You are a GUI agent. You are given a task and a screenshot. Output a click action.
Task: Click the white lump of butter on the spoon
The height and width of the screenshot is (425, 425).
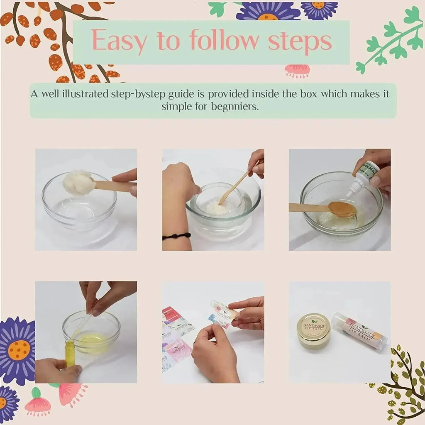tap(78, 183)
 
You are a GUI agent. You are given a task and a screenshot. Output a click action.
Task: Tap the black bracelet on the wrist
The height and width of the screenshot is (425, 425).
tap(176, 236)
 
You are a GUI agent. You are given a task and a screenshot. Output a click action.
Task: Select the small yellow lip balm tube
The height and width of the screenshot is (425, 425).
tap(70, 353)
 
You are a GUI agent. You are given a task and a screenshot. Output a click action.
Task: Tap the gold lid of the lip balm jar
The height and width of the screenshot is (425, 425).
tap(313, 330)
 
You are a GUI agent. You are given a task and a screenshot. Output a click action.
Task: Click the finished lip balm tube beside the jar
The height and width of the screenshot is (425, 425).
tap(359, 331)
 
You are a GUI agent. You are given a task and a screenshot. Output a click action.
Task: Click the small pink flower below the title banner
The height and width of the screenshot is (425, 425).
tap(297, 71)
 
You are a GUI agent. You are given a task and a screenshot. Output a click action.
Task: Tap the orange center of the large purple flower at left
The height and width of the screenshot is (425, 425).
tap(19, 349)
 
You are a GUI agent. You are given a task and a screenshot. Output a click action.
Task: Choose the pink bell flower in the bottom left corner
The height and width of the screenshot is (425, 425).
tap(38, 405)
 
